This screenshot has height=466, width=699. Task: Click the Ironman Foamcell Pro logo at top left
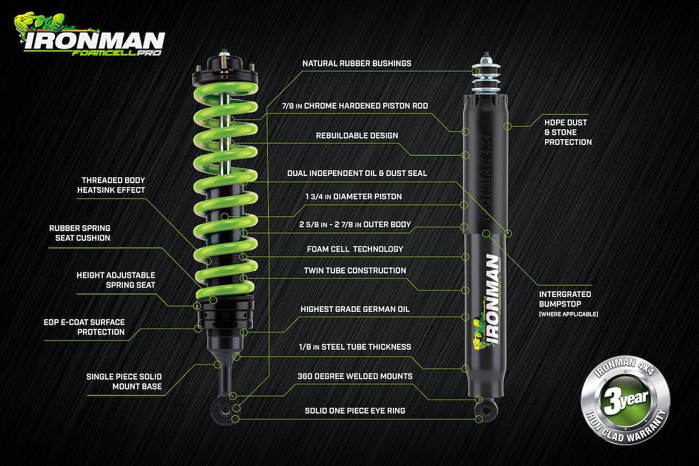pyautogui.click(x=91, y=37)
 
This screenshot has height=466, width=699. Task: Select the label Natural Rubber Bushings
pyautogui.click(x=357, y=63)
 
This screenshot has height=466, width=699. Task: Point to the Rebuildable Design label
pyautogui.click(x=357, y=135)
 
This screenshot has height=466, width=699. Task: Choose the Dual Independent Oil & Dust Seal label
pyautogui.click(x=357, y=173)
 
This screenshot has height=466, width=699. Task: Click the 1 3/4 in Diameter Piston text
pyautogui.click(x=353, y=196)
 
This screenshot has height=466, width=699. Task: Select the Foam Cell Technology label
pyautogui.click(x=355, y=249)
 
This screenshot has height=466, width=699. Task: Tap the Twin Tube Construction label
pyautogui.click(x=355, y=271)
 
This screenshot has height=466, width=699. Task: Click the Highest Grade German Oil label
pyautogui.click(x=355, y=309)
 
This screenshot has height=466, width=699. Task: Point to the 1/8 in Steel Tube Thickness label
pyautogui.click(x=355, y=347)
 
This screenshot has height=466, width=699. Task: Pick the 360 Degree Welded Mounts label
pyautogui.click(x=355, y=376)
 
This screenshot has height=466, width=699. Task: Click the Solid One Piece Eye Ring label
pyautogui.click(x=355, y=411)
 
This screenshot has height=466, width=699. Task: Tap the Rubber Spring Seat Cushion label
pyautogui.click(x=80, y=233)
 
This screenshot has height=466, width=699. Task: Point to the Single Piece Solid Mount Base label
pyautogui.click(x=124, y=381)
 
